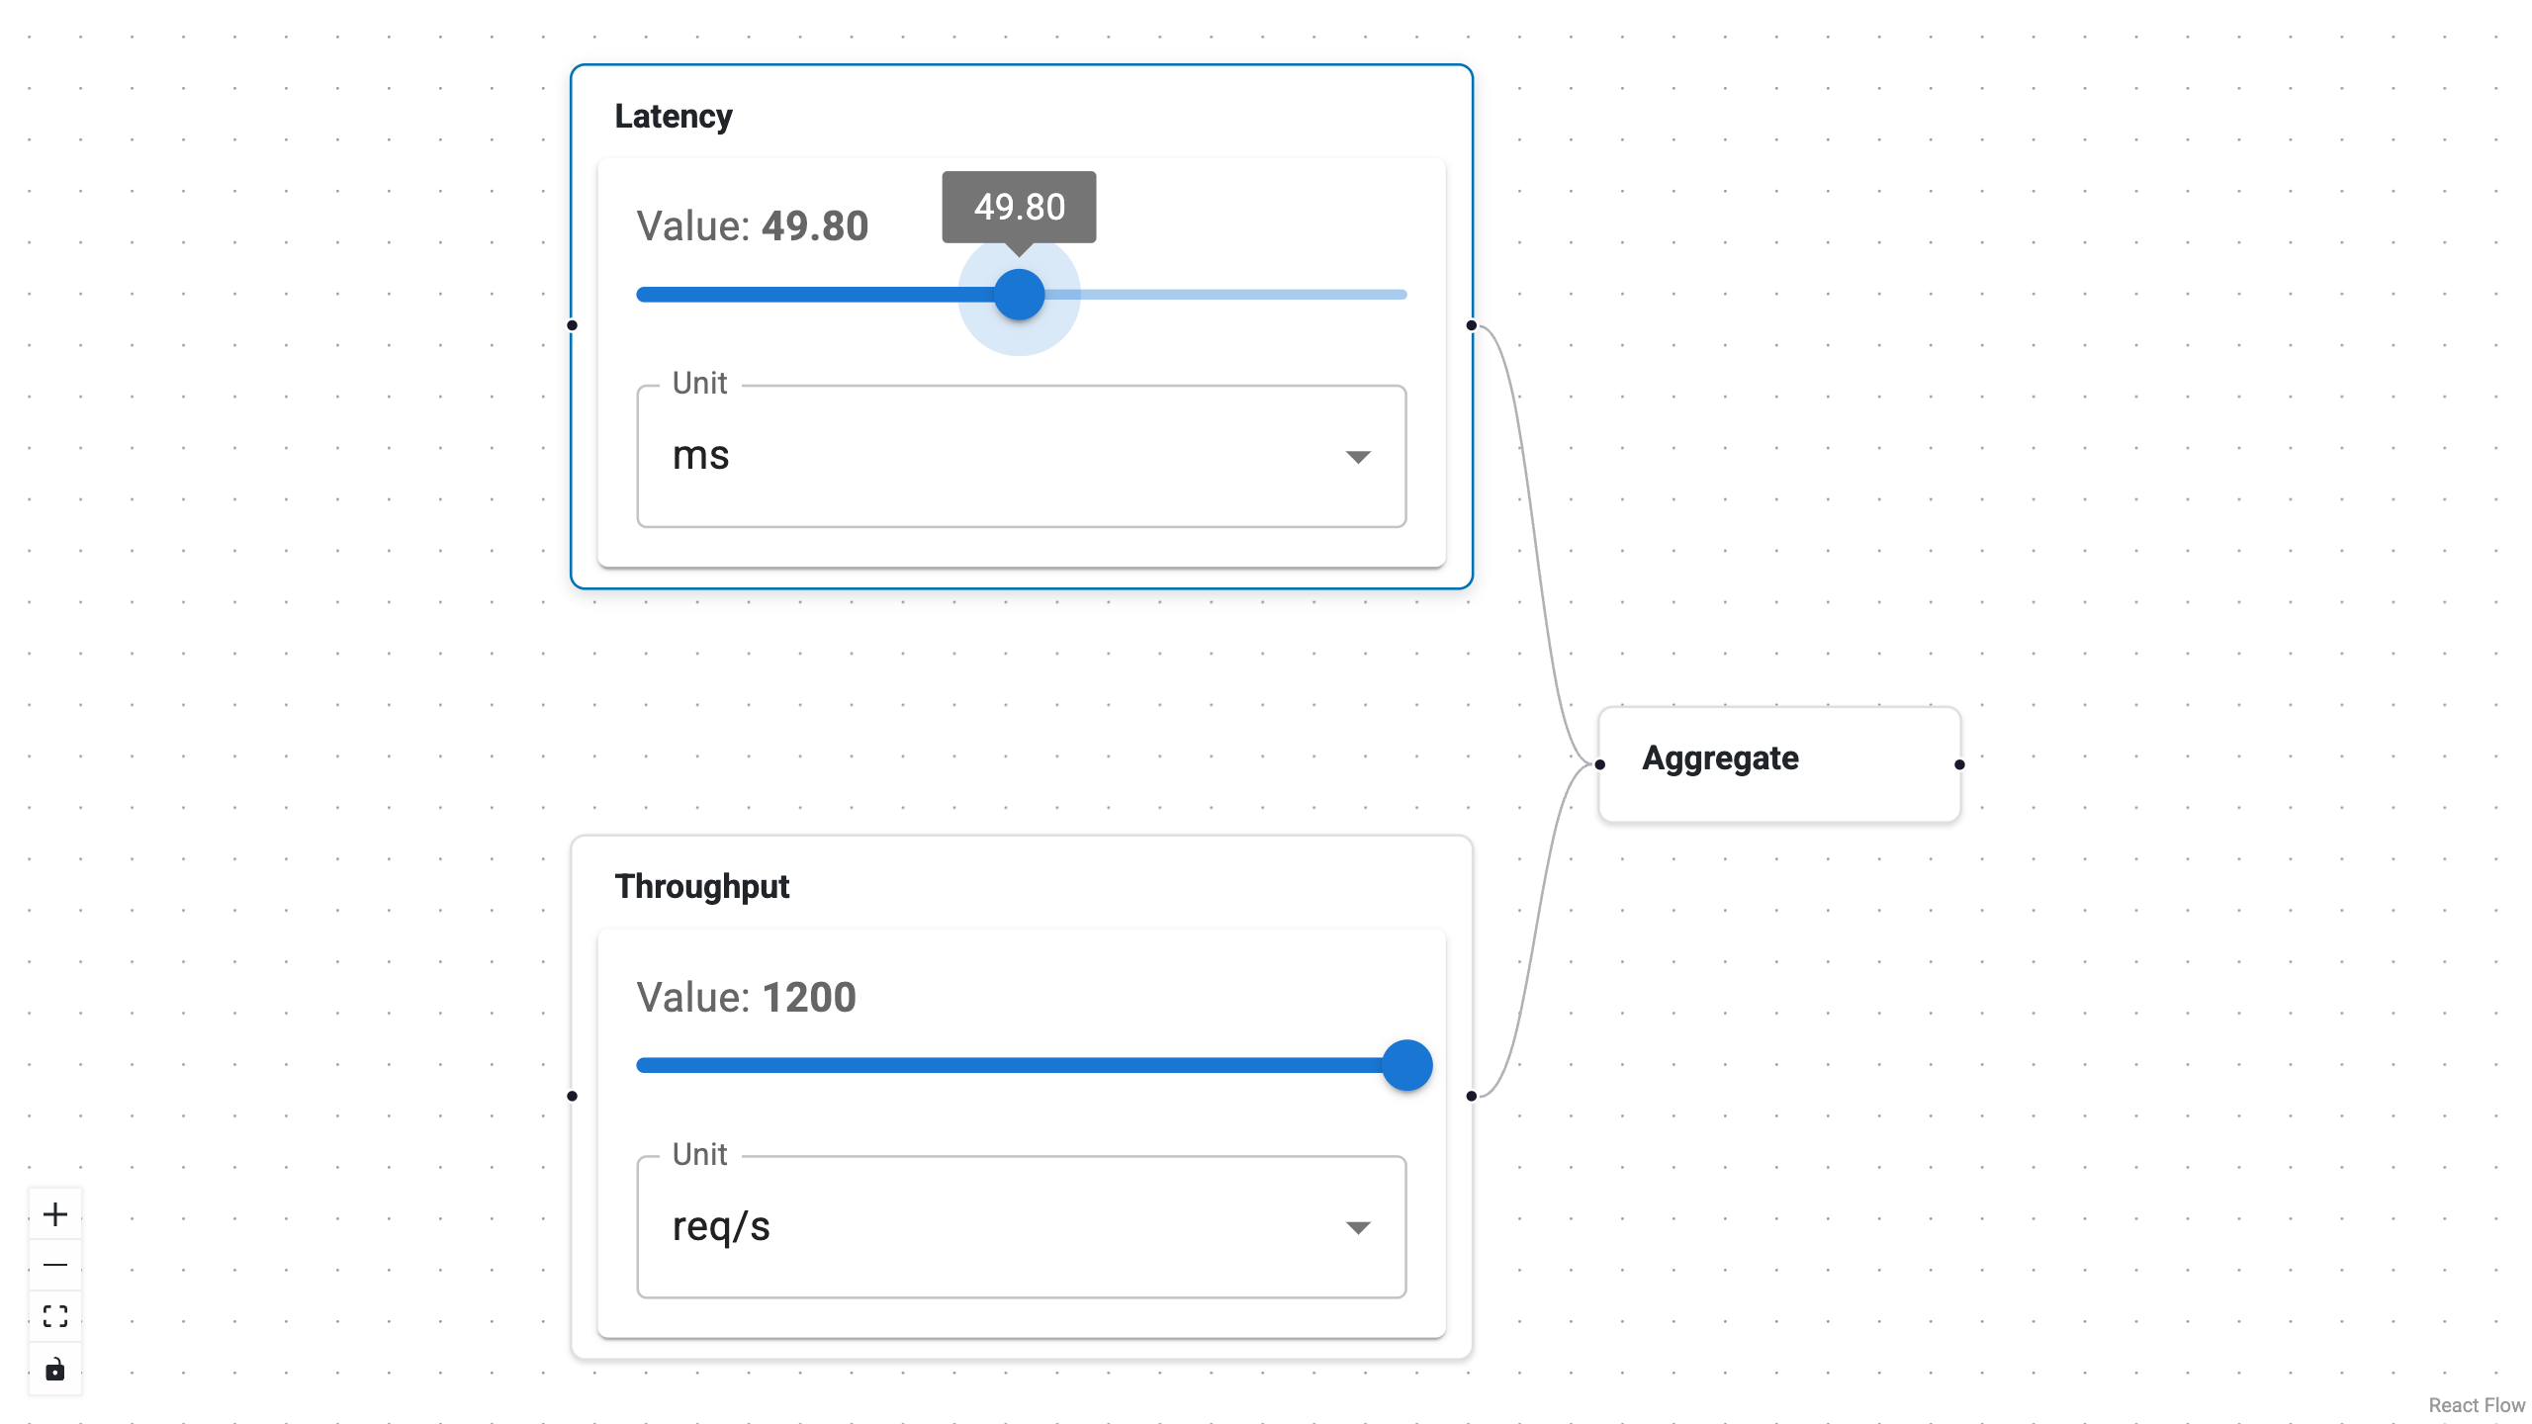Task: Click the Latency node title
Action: [x=673, y=117]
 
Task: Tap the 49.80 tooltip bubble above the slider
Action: [x=1019, y=207]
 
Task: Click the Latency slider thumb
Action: [x=1019, y=295]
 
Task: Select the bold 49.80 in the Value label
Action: [x=814, y=226]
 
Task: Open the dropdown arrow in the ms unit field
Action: [x=1358, y=457]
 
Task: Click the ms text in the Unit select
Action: [x=700, y=456]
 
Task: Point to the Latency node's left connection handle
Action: [x=572, y=325]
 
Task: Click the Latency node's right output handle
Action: [x=1472, y=325]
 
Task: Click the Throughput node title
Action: [x=701, y=887]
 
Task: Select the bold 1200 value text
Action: [x=808, y=997]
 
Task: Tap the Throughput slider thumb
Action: [x=1406, y=1065]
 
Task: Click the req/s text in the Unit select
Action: [x=720, y=1227]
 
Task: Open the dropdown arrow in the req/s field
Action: [x=1358, y=1227]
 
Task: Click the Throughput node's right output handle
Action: [x=1472, y=1096]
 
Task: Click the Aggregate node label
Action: [x=1720, y=758]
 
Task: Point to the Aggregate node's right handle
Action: [x=1959, y=764]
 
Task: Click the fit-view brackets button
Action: [x=55, y=1316]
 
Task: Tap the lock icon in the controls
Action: [x=55, y=1369]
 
